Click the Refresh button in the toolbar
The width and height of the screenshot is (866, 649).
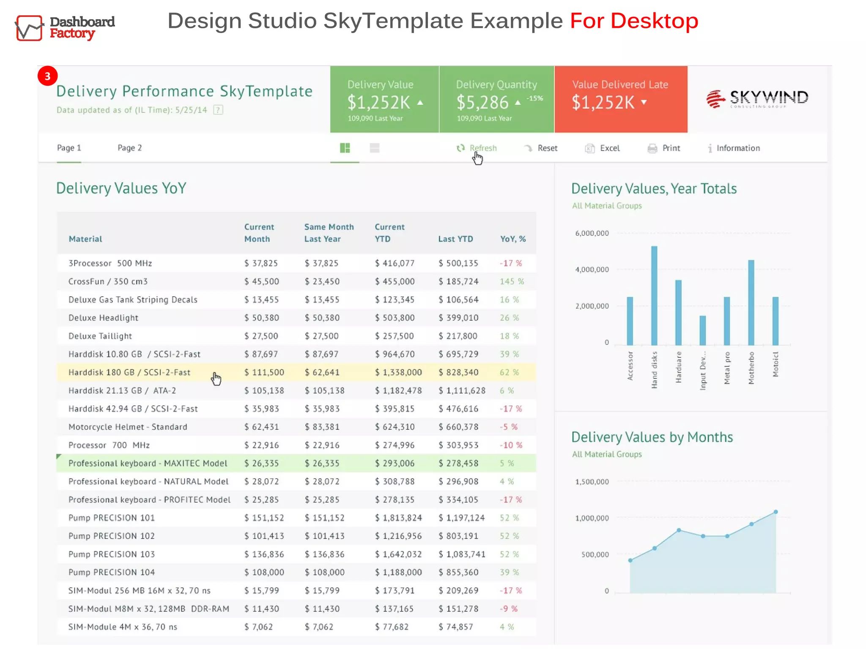[x=477, y=148]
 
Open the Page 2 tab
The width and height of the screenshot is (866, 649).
[x=129, y=148]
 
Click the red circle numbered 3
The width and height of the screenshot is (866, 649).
[x=47, y=76]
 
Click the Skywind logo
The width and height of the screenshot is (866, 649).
[x=757, y=99]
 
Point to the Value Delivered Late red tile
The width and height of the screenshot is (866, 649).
[x=620, y=99]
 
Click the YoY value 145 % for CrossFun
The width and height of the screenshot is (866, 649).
[x=512, y=281]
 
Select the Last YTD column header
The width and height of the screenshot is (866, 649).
[x=455, y=239]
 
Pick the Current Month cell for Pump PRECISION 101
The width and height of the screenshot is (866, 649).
[x=264, y=518]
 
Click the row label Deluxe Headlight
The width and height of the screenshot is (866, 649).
[x=103, y=318]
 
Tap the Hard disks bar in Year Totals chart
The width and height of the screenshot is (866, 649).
[x=654, y=296]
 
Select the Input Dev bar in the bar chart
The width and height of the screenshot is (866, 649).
[x=703, y=330]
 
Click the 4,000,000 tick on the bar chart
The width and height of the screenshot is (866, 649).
[x=592, y=270]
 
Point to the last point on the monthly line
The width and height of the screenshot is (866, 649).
[x=776, y=512]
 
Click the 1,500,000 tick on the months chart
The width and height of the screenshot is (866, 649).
[x=592, y=482]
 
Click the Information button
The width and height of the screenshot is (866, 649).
[x=734, y=148]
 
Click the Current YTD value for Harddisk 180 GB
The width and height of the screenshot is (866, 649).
[x=398, y=372]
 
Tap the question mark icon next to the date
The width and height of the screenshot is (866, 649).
[x=218, y=110]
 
